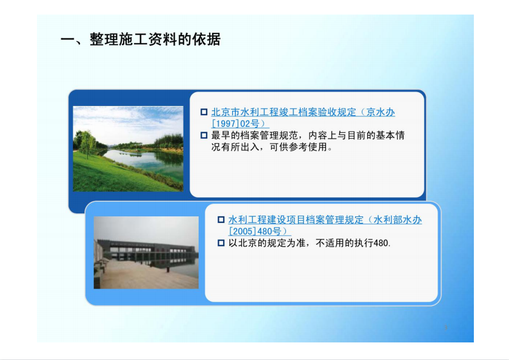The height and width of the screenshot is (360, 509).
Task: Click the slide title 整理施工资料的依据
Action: coord(156,39)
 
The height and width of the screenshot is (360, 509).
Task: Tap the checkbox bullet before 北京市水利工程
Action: coord(204,112)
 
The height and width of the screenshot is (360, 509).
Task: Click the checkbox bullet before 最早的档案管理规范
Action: coord(204,135)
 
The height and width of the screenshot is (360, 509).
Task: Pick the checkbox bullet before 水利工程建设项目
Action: coord(221,220)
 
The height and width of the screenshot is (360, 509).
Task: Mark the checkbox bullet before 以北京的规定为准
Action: coord(221,243)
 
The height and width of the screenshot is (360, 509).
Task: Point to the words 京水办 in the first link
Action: coord(381,112)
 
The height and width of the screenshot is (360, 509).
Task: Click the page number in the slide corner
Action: coord(446,327)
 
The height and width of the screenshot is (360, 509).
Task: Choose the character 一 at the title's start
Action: coord(67,39)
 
